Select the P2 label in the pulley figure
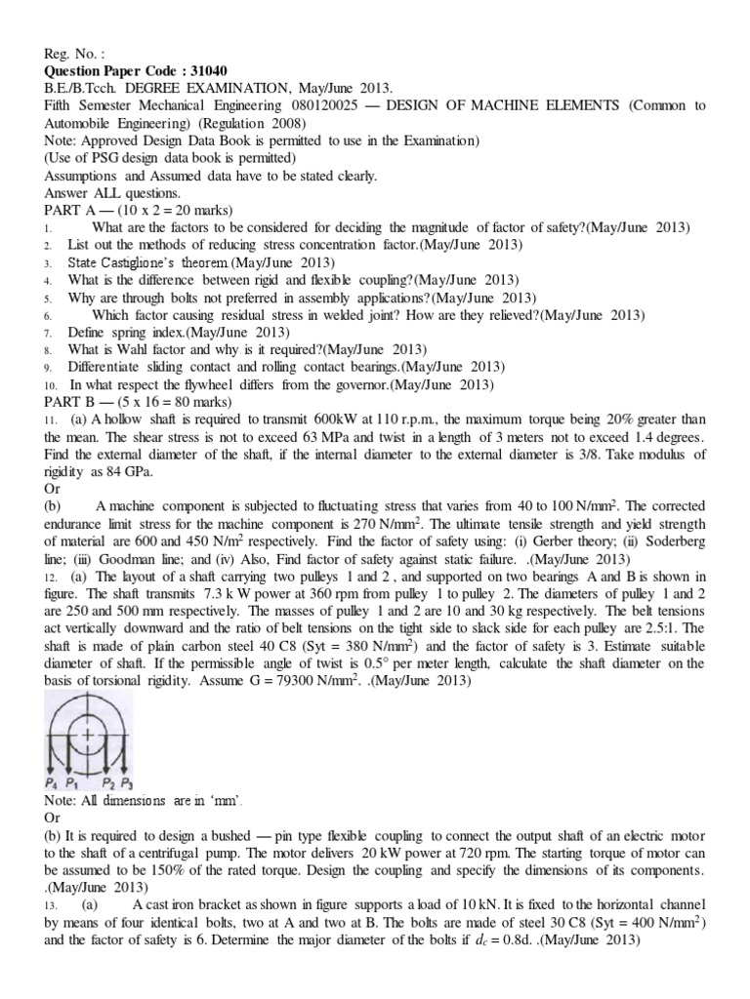[x=111, y=783]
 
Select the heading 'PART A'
[x=72, y=210]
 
